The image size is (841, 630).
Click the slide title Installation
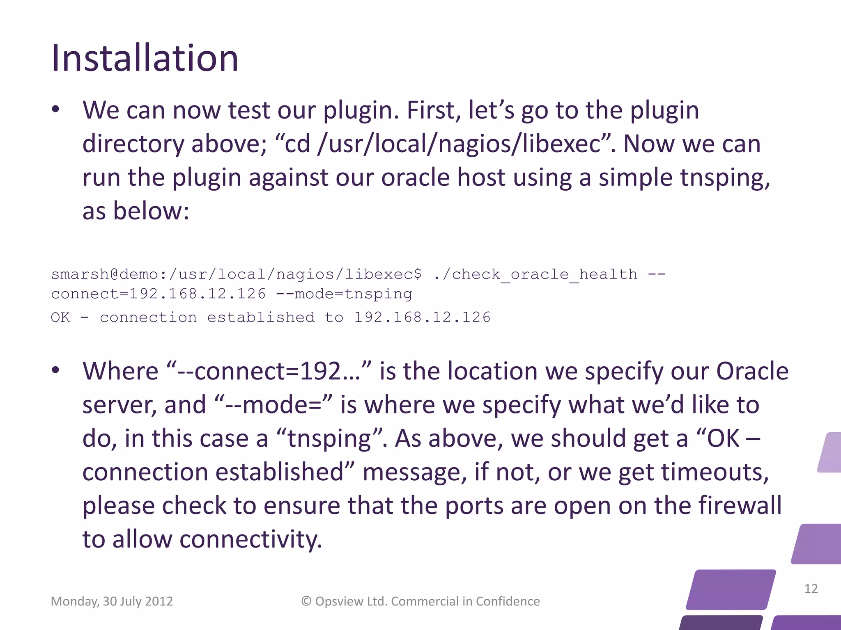[145, 59]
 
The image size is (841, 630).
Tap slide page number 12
[811, 589]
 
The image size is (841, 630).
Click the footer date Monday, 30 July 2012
[112, 601]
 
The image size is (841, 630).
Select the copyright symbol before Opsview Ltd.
[306, 601]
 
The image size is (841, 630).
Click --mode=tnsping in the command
[344, 294]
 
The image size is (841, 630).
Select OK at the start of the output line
[60, 317]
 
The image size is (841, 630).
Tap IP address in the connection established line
[422, 317]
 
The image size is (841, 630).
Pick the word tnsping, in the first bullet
[725, 178]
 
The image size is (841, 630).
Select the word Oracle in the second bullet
[752, 372]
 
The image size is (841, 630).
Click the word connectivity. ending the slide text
[250, 539]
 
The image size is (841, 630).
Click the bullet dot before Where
[56, 370]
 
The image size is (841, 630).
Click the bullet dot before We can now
[56, 110]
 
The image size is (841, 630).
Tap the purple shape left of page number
[731, 589]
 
